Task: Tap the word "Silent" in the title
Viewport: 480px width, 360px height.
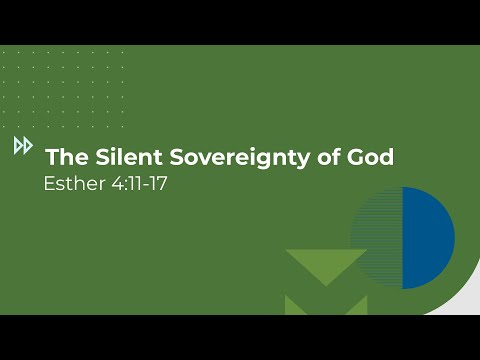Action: click(126, 157)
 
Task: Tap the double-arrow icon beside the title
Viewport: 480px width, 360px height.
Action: click(23, 146)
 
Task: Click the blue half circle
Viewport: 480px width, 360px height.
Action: click(428, 238)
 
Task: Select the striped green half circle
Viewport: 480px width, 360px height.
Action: click(378, 238)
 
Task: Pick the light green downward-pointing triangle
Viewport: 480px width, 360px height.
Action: click(325, 265)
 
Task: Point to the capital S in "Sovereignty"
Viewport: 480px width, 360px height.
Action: click(182, 157)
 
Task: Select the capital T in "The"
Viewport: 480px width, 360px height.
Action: click(52, 157)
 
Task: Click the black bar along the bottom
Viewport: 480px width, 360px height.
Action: click(240, 337)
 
